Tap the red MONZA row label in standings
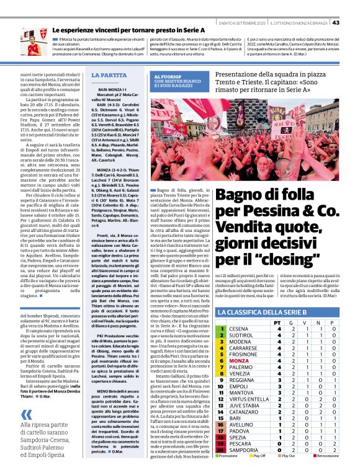pos(239,360)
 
